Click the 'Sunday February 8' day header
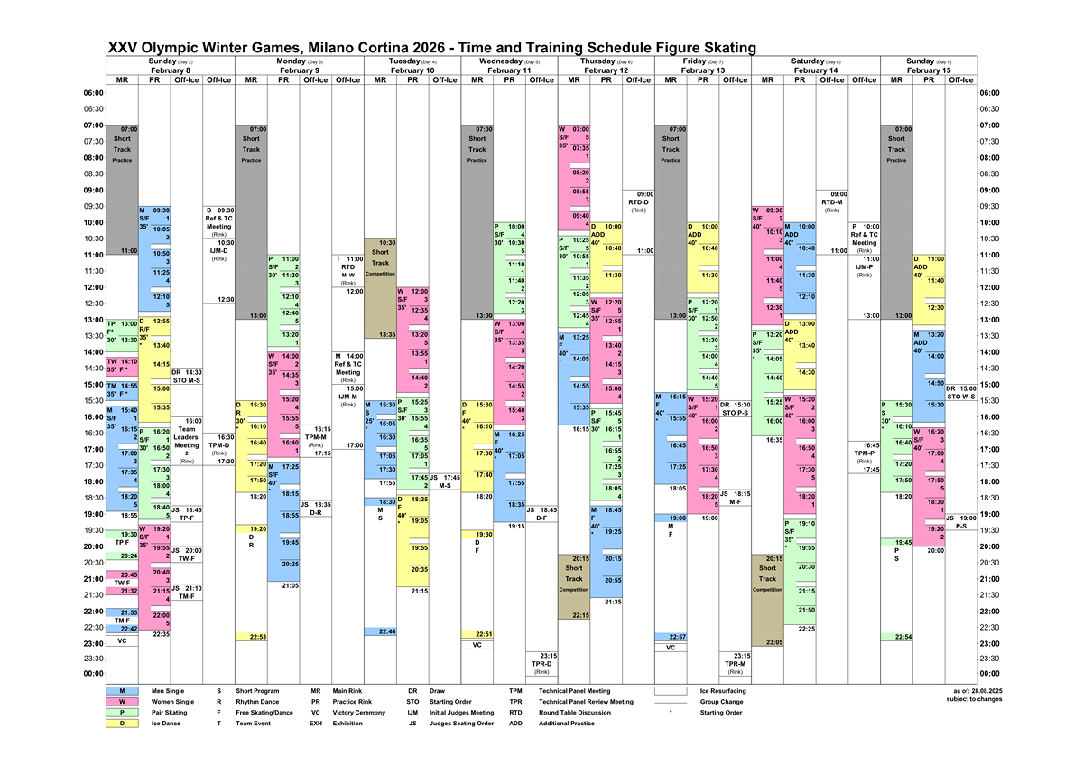pyautogui.click(x=170, y=65)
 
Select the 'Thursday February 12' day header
pyautogui.click(x=605, y=65)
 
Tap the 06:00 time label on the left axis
pyautogui.click(x=93, y=93)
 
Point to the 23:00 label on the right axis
pyautogui.click(x=990, y=643)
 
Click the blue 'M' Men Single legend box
pyautogui.click(x=122, y=691)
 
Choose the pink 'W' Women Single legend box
pyautogui.click(x=122, y=702)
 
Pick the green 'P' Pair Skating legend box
pyautogui.click(x=122, y=713)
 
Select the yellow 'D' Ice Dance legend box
pyautogui.click(x=122, y=724)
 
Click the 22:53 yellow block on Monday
pyautogui.click(x=251, y=637)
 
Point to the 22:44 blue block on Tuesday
pyautogui.click(x=380, y=631)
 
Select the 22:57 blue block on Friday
pyautogui.click(x=671, y=637)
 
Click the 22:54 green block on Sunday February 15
pyautogui.click(x=896, y=637)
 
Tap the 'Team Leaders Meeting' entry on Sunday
pyautogui.click(x=187, y=437)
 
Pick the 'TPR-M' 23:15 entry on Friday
pyautogui.click(x=736, y=663)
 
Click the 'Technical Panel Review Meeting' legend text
pyautogui.click(x=587, y=702)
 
